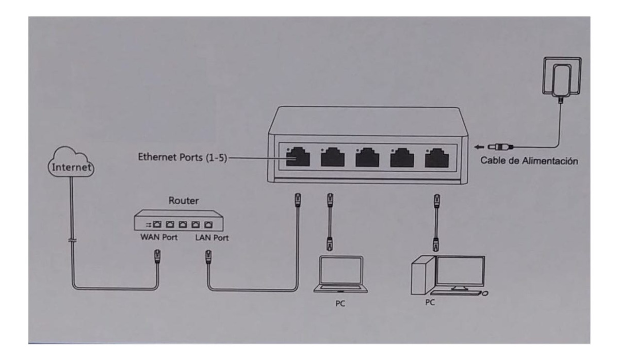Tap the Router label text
click(184, 201)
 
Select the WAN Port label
click(159, 237)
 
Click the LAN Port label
click(212, 238)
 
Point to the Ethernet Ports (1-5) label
click(183, 157)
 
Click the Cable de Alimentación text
click(529, 161)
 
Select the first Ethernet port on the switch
click(298, 157)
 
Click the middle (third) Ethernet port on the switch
click(367, 157)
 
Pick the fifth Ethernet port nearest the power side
click(436, 158)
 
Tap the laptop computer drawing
click(340, 274)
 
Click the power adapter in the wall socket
click(562, 80)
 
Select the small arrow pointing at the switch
click(479, 147)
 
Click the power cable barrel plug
click(500, 146)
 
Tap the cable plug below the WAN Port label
click(157, 256)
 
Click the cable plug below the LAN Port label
click(208, 257)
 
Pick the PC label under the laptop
click(340, 304)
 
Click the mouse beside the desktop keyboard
click(485, 293)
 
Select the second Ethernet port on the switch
click(333, 157)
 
